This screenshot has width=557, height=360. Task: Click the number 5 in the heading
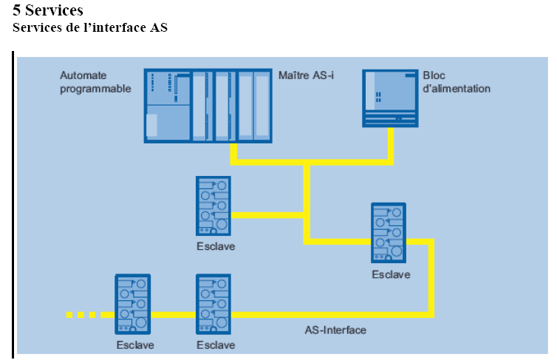click(18, 10)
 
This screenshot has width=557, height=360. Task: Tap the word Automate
click(83, 75)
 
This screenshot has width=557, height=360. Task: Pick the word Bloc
click(434, 75)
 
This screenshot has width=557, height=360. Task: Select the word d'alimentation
click(457, 89)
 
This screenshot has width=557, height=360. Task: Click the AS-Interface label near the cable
click(335, 330)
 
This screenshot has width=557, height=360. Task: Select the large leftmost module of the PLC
click(168, 105)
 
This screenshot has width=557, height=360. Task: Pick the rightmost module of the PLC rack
click(262, 105)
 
